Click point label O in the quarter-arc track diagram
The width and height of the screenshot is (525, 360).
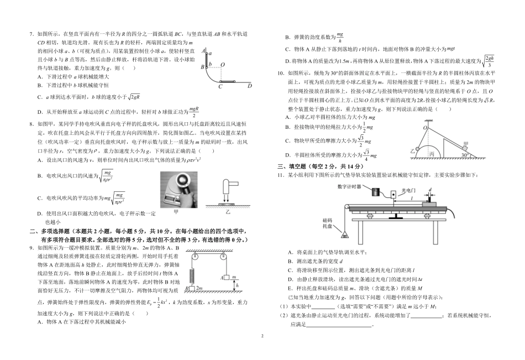tap(222, 64)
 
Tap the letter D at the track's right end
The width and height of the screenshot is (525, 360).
tap(249, 86)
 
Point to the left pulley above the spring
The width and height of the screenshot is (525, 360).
tap(193, 256)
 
